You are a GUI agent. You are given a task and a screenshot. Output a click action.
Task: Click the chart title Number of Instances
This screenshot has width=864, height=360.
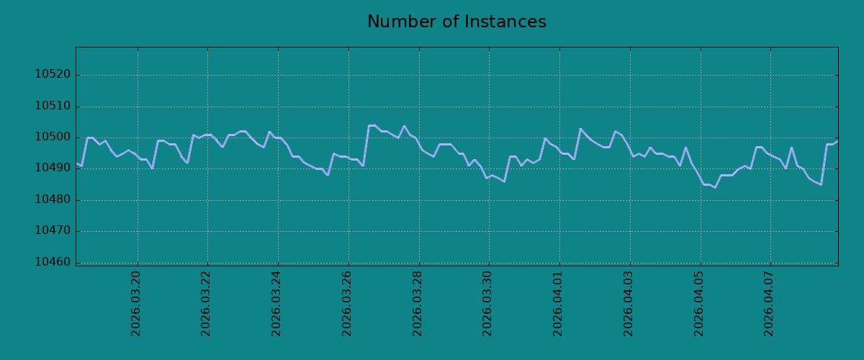(456, 22)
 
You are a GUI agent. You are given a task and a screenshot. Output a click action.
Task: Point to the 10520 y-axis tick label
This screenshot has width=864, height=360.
(53, 74)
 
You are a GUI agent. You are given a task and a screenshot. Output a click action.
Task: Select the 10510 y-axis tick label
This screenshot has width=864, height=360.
(53, 106)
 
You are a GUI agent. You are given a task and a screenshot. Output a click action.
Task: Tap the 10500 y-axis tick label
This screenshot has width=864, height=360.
(53, 137)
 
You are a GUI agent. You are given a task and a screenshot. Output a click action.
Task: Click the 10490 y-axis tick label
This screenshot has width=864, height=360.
(53, 168)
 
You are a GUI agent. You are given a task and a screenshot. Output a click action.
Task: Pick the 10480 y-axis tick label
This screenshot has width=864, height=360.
(53, 199)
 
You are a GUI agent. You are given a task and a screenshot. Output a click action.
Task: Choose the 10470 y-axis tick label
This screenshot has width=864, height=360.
(53, 230)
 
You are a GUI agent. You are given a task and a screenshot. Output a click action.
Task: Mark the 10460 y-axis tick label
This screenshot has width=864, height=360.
(53, 262)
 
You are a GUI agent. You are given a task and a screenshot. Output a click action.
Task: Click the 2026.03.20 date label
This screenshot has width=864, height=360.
(136, 304)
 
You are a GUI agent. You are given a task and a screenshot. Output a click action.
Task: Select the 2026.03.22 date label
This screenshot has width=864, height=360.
(206, 304)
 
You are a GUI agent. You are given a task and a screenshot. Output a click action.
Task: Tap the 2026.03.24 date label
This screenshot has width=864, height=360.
(276, 304)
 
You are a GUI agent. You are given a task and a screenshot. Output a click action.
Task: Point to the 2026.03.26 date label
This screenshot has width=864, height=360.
(347, 304)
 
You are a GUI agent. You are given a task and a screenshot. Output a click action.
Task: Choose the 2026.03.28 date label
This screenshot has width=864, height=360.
(418, 304)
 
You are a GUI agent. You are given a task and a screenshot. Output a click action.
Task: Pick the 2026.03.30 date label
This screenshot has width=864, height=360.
(487, 304)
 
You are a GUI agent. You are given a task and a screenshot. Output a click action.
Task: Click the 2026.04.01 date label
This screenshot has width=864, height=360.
(558, 304)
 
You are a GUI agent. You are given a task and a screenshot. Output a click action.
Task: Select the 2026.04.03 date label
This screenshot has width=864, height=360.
(629, 304)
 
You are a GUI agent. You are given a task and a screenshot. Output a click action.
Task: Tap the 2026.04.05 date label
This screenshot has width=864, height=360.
(699, 304)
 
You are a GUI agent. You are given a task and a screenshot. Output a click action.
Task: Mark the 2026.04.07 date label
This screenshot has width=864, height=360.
(769, 304)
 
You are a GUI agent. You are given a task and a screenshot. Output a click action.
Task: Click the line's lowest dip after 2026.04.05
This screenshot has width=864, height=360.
(715, 187)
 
